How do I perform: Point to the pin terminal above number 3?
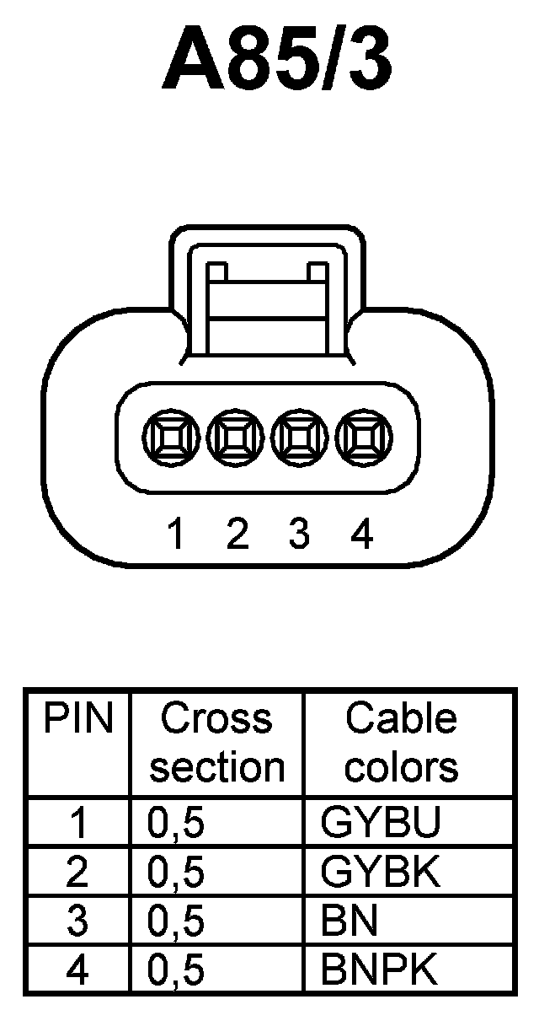[x=299, y=439]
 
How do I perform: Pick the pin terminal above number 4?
[x=364, y=439]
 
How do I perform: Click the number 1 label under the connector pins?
[x=176, y=535]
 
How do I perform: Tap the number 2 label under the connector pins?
[x=237, y=535]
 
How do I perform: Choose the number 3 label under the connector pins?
[x=299, y=535]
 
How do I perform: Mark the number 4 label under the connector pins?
[x=361, y=535]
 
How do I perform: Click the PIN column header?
[x=78, y=719]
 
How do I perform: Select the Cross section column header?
[x=216, y=743]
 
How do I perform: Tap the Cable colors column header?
[x=402, y=743]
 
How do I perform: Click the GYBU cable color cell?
[x=380, y=824]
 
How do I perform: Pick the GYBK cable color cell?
[x=380, y=873]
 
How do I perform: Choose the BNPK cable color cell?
[x=380, y=970]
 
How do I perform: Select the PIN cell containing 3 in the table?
[x=77, y=921]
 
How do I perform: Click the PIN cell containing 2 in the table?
[x=77, y=873]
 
